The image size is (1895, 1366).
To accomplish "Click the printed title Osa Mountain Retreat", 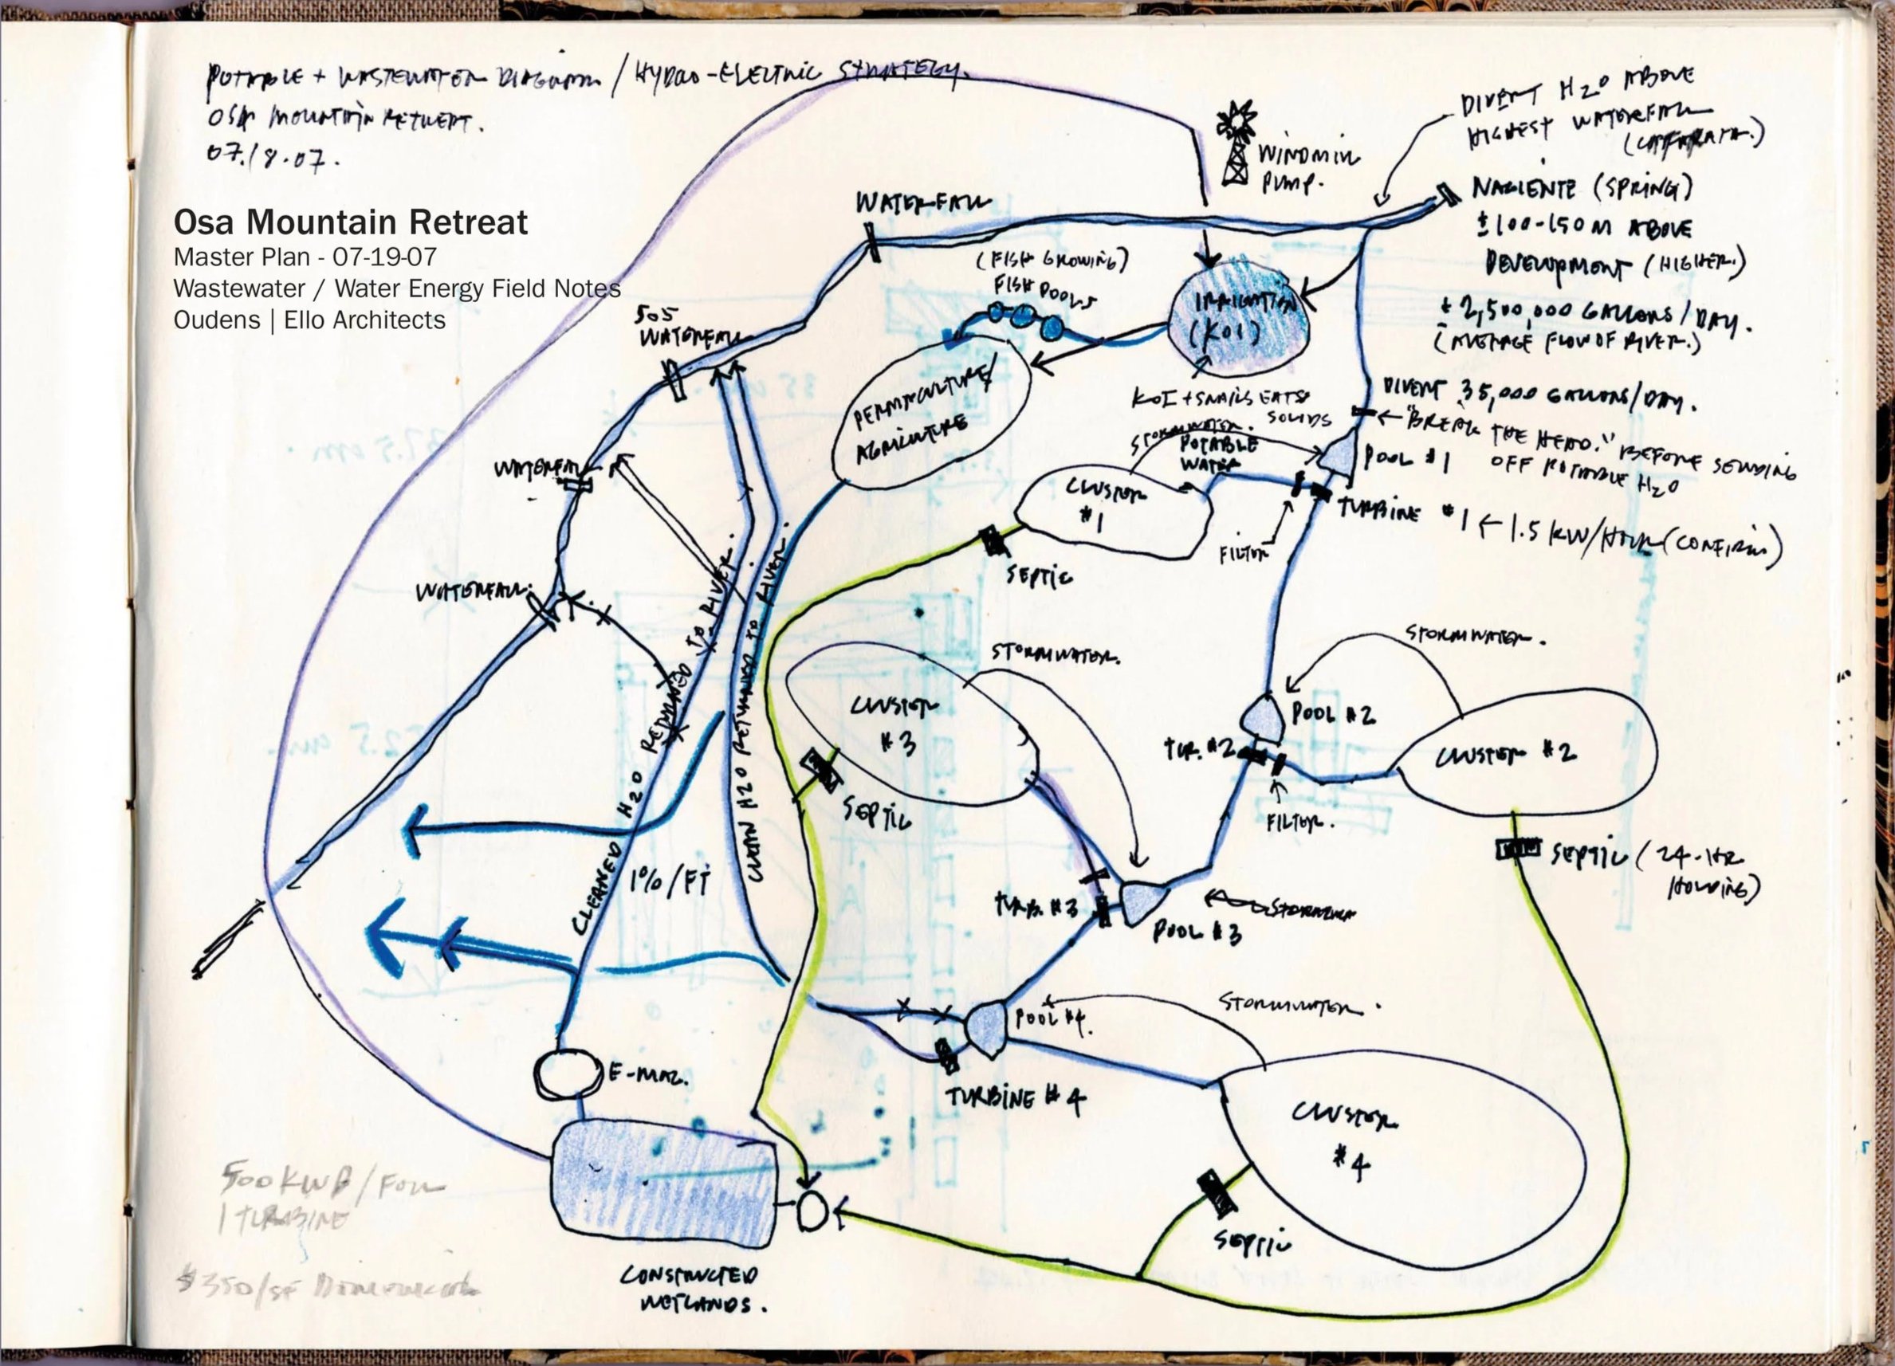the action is (x=350, y=222).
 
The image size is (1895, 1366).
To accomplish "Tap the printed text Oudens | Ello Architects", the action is (x=309, y=320).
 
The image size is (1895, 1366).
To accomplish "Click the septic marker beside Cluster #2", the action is (x=1518, y=850).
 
